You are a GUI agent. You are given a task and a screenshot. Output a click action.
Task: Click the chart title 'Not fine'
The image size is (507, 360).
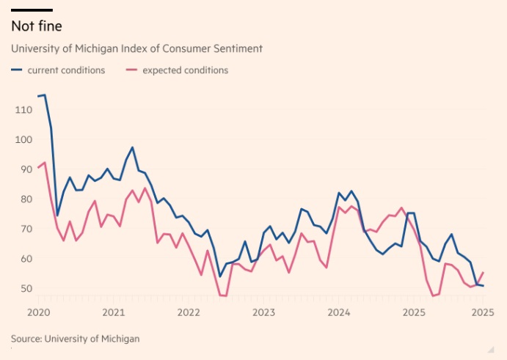pos(37,26)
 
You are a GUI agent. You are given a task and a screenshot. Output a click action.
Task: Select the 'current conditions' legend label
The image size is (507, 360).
pos(66,70)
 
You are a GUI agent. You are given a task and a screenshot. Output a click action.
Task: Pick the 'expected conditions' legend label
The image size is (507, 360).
pos(185,70)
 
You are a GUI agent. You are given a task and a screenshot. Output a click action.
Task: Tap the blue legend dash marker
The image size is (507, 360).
pos(17,70)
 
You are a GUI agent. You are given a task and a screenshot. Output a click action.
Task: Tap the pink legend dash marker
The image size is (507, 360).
pos(132,70)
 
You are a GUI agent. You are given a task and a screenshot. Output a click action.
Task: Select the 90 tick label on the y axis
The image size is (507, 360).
pos(23,169)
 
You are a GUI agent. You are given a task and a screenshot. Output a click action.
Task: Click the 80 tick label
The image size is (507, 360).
pos(23,199)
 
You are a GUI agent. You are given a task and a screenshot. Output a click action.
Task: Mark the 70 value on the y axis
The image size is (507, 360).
pos(23,229)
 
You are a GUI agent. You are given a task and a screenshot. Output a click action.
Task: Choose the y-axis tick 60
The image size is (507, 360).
pos(23,259)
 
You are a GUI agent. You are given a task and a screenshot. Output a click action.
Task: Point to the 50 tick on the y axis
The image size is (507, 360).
pos(23,289)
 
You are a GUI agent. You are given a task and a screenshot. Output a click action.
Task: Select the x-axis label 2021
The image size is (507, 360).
pos(113,312)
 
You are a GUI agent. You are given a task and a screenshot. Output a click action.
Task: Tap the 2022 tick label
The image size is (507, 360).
pos(189,312)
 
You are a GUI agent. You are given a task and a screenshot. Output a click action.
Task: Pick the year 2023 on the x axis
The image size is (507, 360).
pos(263,312)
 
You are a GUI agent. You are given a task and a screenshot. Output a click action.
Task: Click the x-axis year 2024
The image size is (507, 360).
pos(339,312)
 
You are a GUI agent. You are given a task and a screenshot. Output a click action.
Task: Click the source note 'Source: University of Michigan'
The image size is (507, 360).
pos(75,339)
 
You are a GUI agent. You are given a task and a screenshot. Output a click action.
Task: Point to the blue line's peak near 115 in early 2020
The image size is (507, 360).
pos(44,95)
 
